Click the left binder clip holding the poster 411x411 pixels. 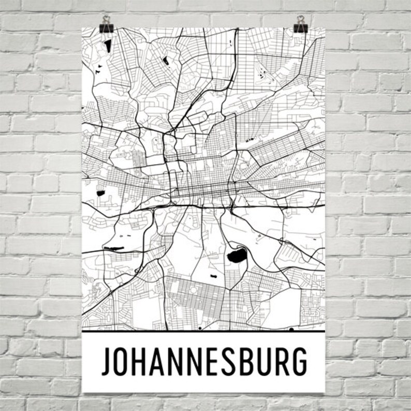point(107,23)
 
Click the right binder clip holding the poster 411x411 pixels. point(299,23)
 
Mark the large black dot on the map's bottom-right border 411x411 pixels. point(291,329)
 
